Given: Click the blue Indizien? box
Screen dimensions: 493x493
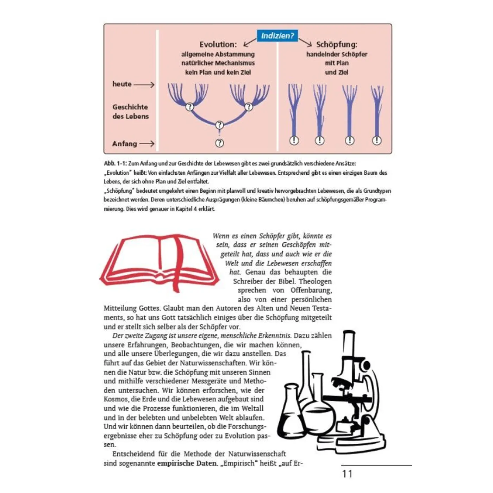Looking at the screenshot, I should pyautogui.click(x=277, y=36).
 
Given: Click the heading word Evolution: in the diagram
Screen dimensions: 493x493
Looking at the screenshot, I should pyautogui.click(x=218, y=45).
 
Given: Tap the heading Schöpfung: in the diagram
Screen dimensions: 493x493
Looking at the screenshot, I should pyautogui.click(x=336, y=45).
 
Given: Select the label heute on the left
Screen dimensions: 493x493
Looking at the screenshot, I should pyautogui.click(x=122, y=84).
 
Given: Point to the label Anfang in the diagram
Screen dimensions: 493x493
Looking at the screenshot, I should pyautogui.click(x=124, y=144).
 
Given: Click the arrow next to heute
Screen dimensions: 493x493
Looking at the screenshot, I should pyautogui.click(x=144, y=85).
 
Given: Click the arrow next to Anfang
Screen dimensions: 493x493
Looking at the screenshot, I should pyautogui.click(x=147, y=144).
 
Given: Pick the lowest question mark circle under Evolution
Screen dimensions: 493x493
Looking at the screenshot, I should pyautogui.click(x=219, y=143).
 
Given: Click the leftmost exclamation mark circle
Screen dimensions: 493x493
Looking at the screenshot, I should pyautogui.click(x=294, y=141).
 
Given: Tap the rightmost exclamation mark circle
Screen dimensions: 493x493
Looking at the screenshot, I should pyautogui.click(x=377, y=141).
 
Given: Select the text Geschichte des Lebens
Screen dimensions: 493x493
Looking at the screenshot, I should pyautogui.click(x=130, y=112).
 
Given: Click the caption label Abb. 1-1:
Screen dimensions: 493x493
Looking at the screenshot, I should pyautogui.click(x=115, y=163).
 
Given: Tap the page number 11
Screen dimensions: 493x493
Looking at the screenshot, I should pyautogui.click(x=347, y=474).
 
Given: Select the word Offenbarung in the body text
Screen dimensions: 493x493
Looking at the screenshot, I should pyautogui.click(x=311, y=290).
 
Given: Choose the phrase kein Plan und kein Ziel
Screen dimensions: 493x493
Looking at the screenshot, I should pyautogui.click(x=218, y=72).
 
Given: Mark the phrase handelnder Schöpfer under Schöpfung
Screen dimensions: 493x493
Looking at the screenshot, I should pyautogui.click(x=336, y=54).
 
